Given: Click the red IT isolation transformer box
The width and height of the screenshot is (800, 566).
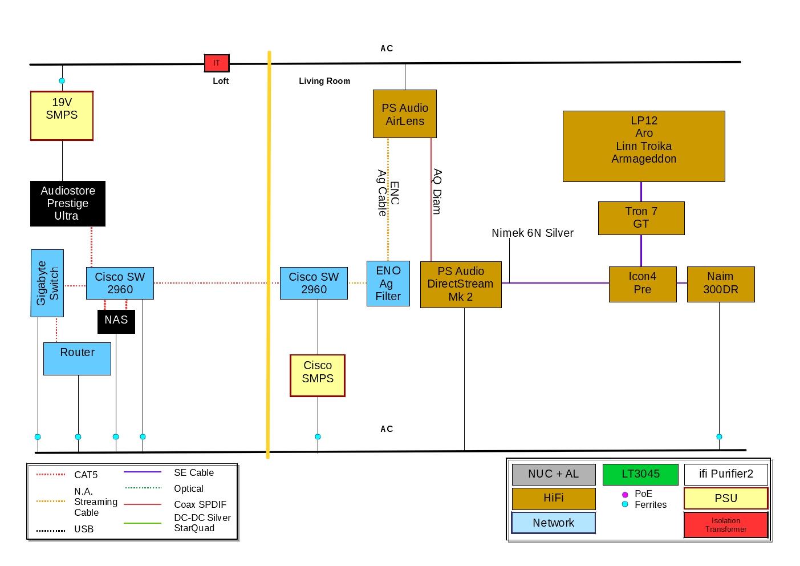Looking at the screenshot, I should pyautogui.click(x=217, y=63).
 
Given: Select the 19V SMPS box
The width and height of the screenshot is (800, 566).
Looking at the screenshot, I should pyautogui.click(x=62, y=115).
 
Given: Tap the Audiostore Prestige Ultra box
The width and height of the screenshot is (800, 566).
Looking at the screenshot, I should pyautogui.click(x=67, y=203).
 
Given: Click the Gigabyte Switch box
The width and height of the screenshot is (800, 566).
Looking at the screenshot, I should pyautogui.click(x=47, y=283).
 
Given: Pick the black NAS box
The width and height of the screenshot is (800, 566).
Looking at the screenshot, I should pyautogui.click(x=116, y=321).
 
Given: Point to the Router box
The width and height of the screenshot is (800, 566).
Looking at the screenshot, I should pyautogui.click(x=78, y=359).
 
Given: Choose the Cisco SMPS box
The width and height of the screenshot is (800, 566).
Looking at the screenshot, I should pyautogui.click(x=318, y=375).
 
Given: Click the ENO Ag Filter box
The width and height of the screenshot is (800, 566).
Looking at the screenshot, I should pyautogui.click(x=388, y=284).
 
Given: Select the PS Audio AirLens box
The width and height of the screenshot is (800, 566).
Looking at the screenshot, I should pyautogui.click(x=405, y=114).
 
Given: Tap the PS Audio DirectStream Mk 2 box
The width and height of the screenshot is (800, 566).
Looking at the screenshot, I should pyautogui.click(x=461, y=284).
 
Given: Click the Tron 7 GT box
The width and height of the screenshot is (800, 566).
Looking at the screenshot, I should pyautogui.click(x=641, y=218).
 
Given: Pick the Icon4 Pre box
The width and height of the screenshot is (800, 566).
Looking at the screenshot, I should pyautogui.click(x=643, y=284).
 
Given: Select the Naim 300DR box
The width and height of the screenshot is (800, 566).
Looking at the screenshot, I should pyautogui.click(x=721, y=284).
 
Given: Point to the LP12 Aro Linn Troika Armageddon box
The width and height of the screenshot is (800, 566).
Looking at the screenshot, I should pyautogui.click(x=644, y=146).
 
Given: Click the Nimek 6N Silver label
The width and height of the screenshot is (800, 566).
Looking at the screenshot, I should pyautogui.click(x=533, y=233).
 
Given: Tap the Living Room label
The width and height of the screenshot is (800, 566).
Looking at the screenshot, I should pyautogui.click(x=324, y=81).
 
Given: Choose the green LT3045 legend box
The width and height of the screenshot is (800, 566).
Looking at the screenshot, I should pyautogui.click(x=640, y=474).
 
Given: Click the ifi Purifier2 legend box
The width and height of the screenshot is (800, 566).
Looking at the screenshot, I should pyautogui.click(x=726, y=474).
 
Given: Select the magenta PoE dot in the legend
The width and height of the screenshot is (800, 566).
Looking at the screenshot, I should pyautogui.click(x=625, y=494).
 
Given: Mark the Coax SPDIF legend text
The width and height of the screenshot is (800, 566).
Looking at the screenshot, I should pyautogui.click(x=200, y=504).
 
